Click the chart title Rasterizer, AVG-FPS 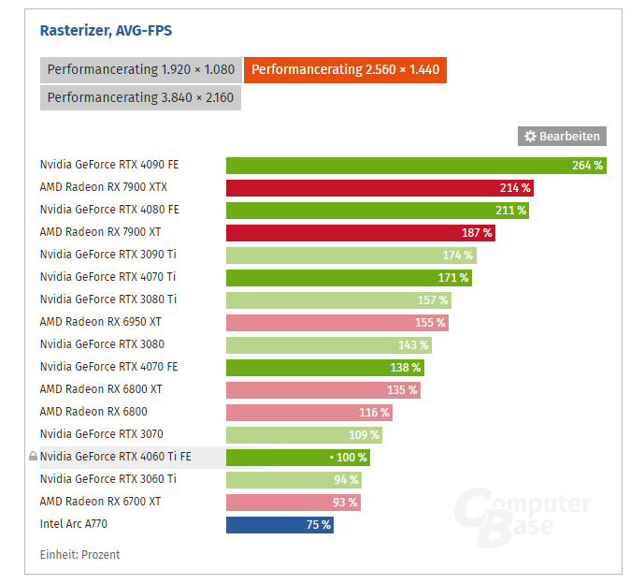(106, 31)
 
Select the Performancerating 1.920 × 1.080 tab (140, 69)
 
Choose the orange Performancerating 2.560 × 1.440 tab (345, 69)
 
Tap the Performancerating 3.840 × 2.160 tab (140, 97)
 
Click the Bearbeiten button (562, 137)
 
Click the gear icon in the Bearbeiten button (530, 137)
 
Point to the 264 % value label (588, 166)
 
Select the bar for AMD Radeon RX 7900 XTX (379, 188)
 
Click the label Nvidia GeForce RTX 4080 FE (108, 210)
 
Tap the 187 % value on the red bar (477, 233)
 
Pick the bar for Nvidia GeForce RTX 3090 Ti (351, 255)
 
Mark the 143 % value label (412, 345)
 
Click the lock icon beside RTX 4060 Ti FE (34, 458)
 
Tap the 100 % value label (351, 458)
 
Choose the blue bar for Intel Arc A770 (279, 525)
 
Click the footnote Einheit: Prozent (79, 555)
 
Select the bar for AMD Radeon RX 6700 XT (293, 503)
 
